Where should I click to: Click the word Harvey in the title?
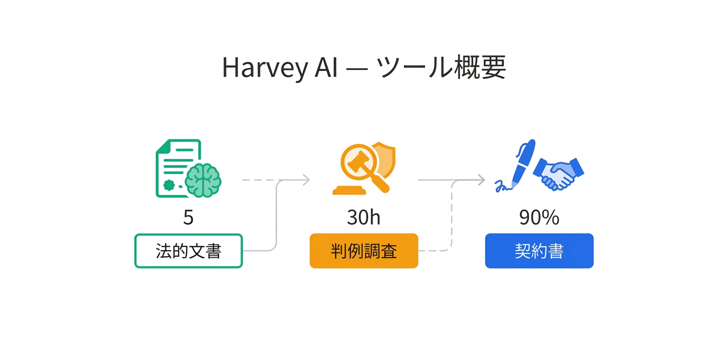click(x=263, y=67)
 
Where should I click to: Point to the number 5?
click(x=188, y=217)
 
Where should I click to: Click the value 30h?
click(x=363, y=217)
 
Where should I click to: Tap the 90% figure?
click(x=539, y=217)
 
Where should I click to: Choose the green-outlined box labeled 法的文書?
click(x=188, y=251)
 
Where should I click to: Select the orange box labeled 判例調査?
click(x=363, y=251)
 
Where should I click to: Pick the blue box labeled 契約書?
click(x=539, y=251)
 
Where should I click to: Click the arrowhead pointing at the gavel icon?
click(x=305, y=179)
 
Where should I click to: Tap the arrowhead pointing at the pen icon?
click(x=480, y=179)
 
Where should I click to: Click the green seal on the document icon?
click(x=169, y=185)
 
